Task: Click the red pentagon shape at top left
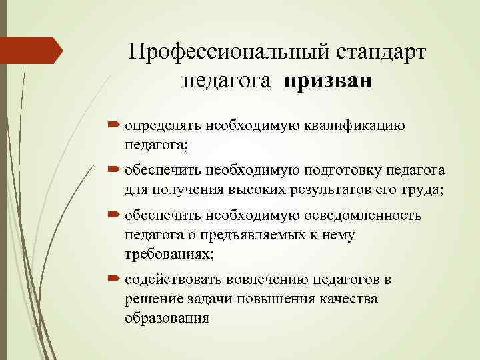pos(30,50)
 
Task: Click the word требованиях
pos(167,253)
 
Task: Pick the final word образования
pos(167,317)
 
